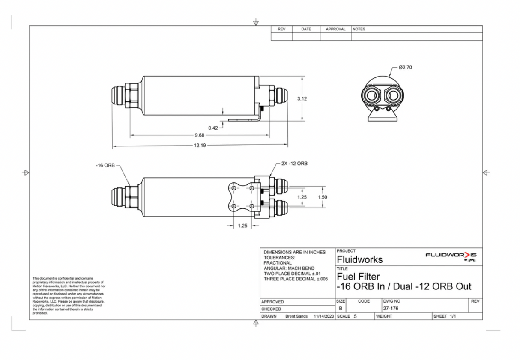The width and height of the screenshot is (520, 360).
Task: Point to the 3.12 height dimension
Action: tap(302, 98)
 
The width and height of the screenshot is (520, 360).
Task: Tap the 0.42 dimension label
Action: tap(213, 128)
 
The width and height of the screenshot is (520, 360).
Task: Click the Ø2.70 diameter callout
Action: tap(406, 68)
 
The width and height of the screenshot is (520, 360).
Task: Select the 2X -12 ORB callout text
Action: tap(294, 164)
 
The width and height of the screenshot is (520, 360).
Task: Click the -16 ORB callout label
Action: tap(105, 165)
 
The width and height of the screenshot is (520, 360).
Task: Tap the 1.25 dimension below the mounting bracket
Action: tap(242, 226)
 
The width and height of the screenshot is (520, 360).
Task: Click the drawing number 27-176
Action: tap(391, 309)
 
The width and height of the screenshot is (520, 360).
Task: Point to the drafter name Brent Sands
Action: tap(296, 316)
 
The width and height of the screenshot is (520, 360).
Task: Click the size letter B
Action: tap(341, 309)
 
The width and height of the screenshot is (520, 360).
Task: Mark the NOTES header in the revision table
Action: tap(359, 29)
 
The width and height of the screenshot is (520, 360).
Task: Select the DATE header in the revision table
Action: tap(306, 29)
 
